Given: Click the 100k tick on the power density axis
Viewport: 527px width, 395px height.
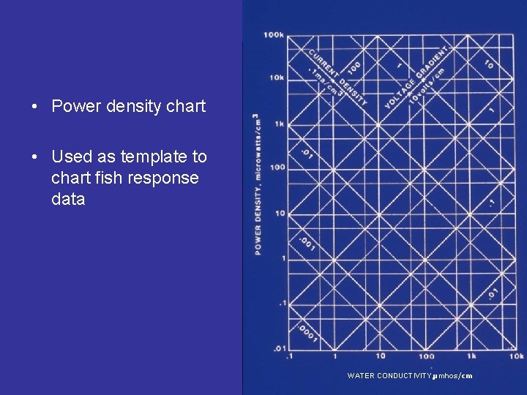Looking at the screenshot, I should [x=274, y=34].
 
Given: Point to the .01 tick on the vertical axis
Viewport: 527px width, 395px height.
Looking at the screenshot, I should [x=279, y=348].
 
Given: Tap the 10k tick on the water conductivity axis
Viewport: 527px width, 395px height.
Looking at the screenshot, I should [x=517, y=356].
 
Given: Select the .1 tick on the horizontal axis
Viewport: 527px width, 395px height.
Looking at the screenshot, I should [x=289, y=356].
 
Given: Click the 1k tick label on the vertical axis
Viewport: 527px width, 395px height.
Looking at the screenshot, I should [x=278, y=124].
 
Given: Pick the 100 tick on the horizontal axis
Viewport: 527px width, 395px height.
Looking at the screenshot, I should [x=427, y=356].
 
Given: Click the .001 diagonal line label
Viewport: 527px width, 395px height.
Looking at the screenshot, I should [x=307, y=244].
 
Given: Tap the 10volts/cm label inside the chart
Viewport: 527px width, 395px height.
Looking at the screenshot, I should [x=427, y=86].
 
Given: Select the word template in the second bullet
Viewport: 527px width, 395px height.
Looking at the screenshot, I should [x=146, y=157].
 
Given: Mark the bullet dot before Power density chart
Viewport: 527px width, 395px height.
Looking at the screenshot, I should [x=34, y=107].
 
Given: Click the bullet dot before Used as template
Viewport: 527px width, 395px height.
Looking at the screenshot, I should [x=34, y=157].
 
